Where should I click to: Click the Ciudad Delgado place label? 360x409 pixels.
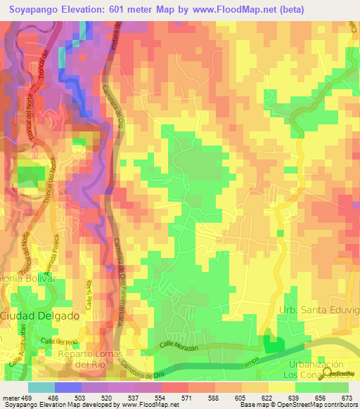[x=39, y=316]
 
